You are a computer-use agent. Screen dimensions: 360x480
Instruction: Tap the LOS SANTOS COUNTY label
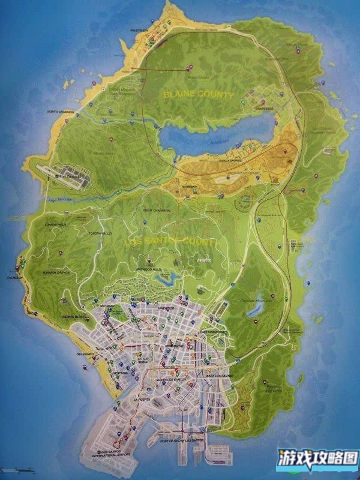pos(170,241)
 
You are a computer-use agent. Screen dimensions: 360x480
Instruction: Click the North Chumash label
pos(61,112)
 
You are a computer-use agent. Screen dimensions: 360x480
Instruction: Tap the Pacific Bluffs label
pos(75,316)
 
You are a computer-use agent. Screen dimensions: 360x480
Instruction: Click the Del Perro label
pos(85,354)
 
